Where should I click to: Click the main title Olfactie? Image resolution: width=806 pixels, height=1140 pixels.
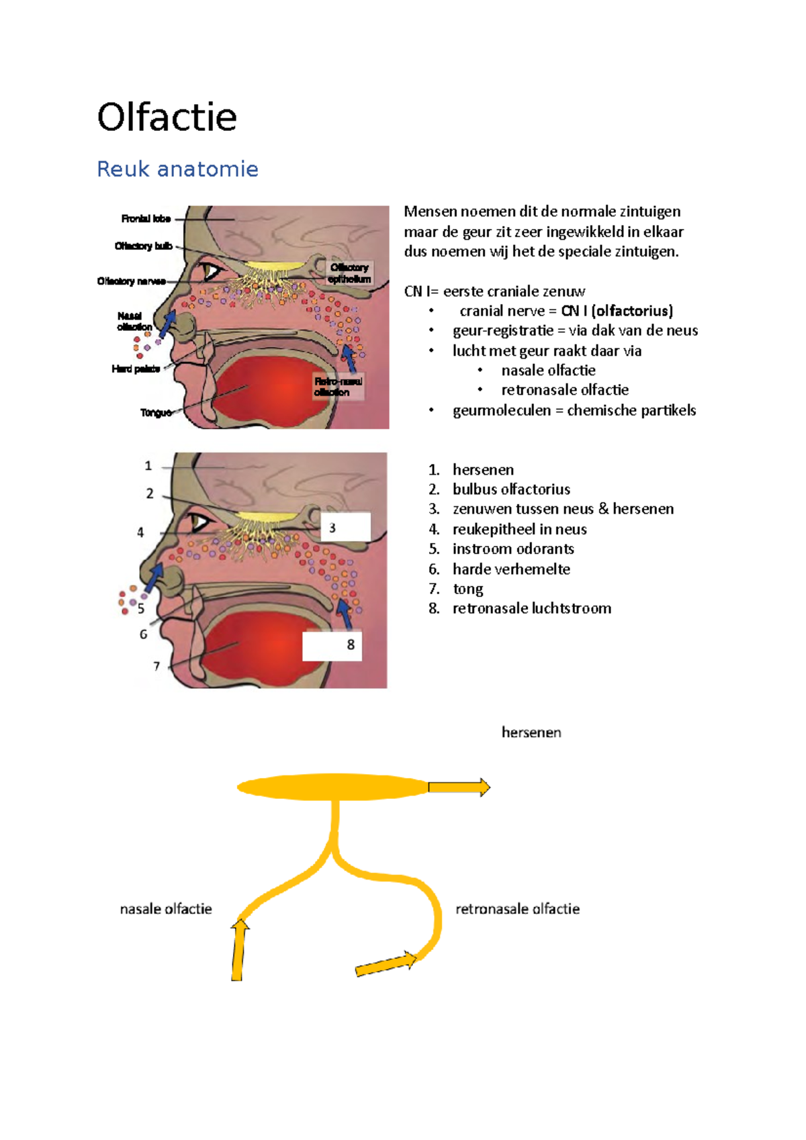pyautogui.click(x=167, y=117)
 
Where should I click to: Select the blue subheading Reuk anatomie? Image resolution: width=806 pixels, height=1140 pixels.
pyautogui.click(x=177, y=169)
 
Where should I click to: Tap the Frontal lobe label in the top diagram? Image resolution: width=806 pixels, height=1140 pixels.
pyautogui.click(x=146, y=219)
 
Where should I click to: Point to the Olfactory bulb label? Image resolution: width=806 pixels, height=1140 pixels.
pyautogui.click(x=143, y=246)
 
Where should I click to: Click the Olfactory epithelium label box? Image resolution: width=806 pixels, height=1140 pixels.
pyautogui.click(x=349, y=273)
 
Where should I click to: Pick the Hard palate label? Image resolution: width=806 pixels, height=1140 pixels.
pyautogui.click(x=136, y=369)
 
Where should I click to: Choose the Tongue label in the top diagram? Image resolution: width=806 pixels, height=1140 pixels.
pyautogui.click(x=155, y=413)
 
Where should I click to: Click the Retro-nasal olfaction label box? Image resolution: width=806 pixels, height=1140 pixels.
pyautogui.click(x=339, y=387)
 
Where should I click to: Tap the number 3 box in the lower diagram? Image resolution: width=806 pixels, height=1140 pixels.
pyautogui.click(x=345, y=528)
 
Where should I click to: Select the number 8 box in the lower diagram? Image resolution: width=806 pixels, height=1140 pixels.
pyautogui.click(x=332, y=645)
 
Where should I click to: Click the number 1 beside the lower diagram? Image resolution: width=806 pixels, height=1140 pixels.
pyautogui.click(x=148, y=466)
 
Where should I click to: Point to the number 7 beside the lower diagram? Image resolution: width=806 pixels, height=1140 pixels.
pyautogui.click(x=156, y=666)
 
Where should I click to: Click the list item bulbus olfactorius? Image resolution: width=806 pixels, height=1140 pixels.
pyautogui.click(x=511, y=489)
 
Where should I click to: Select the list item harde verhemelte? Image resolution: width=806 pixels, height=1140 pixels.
pyautogui.click(x=511, y=569)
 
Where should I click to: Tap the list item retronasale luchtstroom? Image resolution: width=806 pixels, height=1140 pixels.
pyautogui.click(x=531, y=608)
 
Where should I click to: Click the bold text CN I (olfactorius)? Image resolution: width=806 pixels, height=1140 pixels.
pyautogui.click(x=617, y=311)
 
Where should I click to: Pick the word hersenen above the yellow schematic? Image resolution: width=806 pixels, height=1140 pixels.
pyautogui.click(x=531, y=732)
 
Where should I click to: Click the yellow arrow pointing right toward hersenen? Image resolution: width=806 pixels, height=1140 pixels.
pyautogui.click(x=459, y=787)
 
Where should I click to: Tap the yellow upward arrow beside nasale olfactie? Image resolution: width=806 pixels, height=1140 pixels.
pyautogui.click(x=238, y=950)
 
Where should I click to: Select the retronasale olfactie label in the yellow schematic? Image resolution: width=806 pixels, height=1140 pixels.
pyautogui.click(x=517, y=909)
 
